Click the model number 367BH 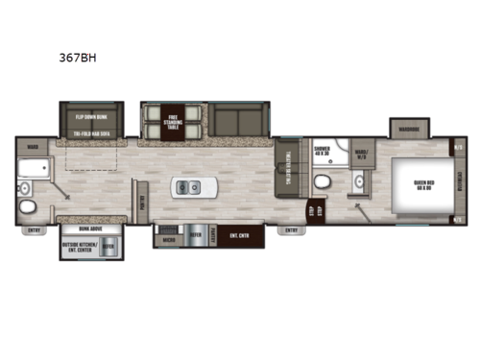pyautogui.click(x=76, y=56)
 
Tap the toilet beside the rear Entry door pyautogui.click(x=30, y=208)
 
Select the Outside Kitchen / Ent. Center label pyautogui.click(x=82, y=247)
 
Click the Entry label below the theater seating pyautogui.click(x=290, y=230)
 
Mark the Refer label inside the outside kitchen pyautogui.click(x=109, y=247)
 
